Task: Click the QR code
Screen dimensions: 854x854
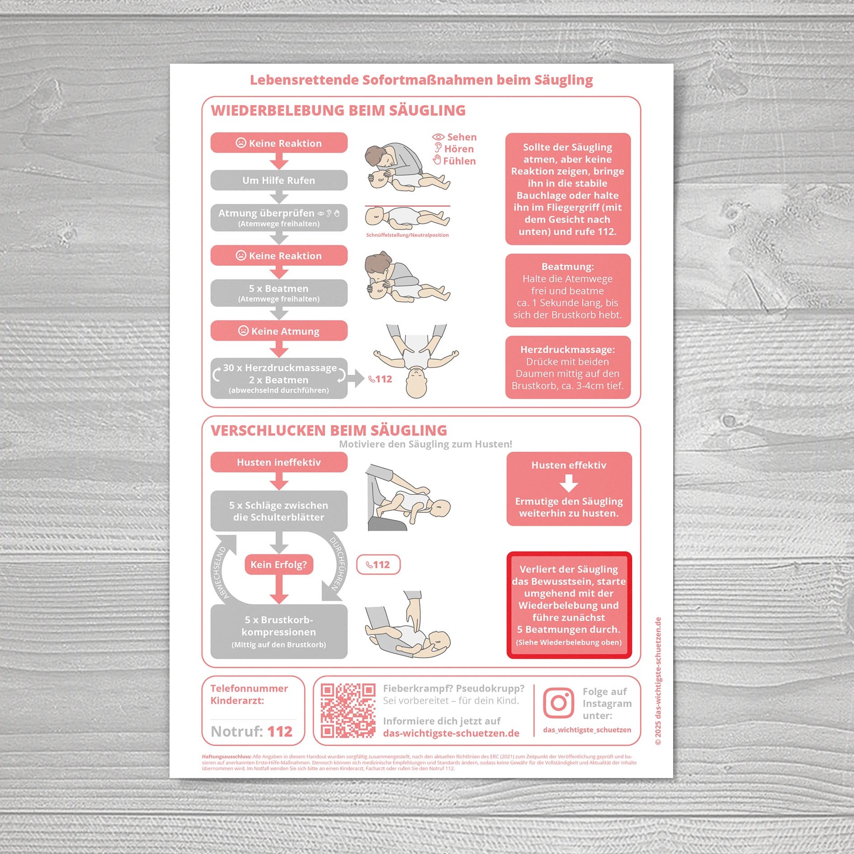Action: click(x=348, y=710)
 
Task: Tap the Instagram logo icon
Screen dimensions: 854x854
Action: click(x=558, y=703)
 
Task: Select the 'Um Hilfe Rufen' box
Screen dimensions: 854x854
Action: click(x=279, y=180)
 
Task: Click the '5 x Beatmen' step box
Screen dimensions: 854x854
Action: click(x=279, y=293)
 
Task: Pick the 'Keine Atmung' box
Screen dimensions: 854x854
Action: click(x=279, y=331)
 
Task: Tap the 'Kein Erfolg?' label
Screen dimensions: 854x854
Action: click(x=279, y=565)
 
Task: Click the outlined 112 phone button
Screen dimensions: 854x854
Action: click(x=378, y=565)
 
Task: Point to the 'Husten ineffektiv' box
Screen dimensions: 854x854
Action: click(x=279, y=462)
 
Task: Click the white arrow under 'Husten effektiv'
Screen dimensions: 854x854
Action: click(x=569, y=483)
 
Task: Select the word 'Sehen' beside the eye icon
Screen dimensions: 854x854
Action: click(x=462, y=137)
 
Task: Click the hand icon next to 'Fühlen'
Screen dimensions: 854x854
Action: click(x=437, y=160)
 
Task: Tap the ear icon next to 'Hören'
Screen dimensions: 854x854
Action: click(x=438, y=147)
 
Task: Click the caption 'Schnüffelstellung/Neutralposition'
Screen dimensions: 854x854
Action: click(x=407, y=235)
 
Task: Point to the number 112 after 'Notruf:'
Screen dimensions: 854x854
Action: click(x=280, y=731)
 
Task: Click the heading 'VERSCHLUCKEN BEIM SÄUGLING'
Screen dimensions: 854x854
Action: click(x=329, y=430)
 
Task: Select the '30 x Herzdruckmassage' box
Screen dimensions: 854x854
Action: click(x=279, y=378)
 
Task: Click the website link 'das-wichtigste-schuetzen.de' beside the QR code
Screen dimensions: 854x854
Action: click(x=451, y=733)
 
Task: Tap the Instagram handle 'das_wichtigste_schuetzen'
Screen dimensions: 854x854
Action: click(x=587, y=730)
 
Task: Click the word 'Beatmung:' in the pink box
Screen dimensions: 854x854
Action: click(x=568, y=267)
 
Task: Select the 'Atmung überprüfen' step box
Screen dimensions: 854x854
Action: click(x=279, y=218)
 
